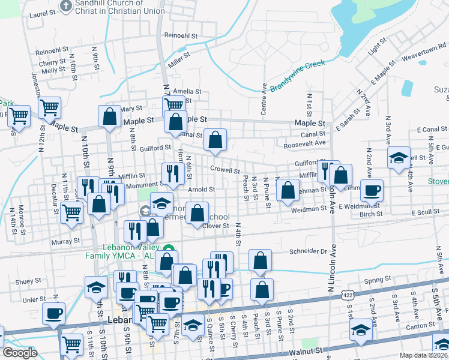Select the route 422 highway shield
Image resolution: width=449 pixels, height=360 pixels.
coord(348,295)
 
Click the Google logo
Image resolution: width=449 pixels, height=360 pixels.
coord(20,353)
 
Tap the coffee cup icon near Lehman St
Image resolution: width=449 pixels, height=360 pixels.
coord(372,191)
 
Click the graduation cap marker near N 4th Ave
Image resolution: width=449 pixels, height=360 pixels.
coord(399,158)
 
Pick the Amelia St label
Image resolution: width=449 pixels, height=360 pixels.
coord(187,92)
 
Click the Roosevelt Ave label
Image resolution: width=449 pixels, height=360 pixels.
coord(304,143)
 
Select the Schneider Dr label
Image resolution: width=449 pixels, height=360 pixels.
coord(307,251)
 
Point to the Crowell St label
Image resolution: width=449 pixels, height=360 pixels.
coord(225,170)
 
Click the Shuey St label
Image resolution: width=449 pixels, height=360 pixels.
coord(28,281)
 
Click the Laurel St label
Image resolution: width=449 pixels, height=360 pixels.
coord(38,13)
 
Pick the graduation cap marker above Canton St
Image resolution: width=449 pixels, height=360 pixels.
coord(360,330)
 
